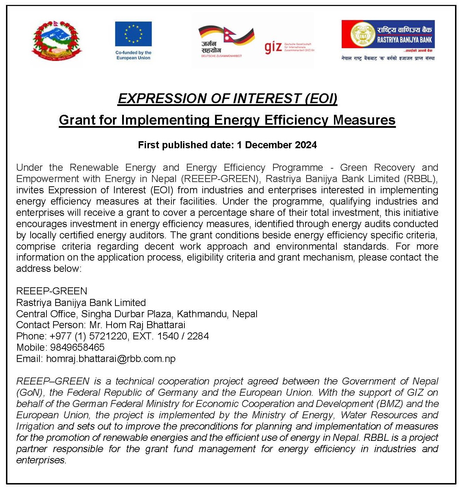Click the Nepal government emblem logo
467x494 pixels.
[57, 41]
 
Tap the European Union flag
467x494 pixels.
[133, 34]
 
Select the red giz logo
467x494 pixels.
[273, 47]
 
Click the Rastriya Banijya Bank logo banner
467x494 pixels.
[388, 35]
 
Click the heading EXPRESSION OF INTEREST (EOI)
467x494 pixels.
[227, 99]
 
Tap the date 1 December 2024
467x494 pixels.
[277, 145]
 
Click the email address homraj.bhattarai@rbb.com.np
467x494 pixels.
[111, 359]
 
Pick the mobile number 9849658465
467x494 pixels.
[77, 348]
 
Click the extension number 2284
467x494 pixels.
[198, 336]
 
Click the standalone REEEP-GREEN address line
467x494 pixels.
[52, 291]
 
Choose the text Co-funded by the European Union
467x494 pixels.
[133, 55]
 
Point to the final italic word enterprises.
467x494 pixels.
[41, 460]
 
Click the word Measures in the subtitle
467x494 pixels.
[364, 120]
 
